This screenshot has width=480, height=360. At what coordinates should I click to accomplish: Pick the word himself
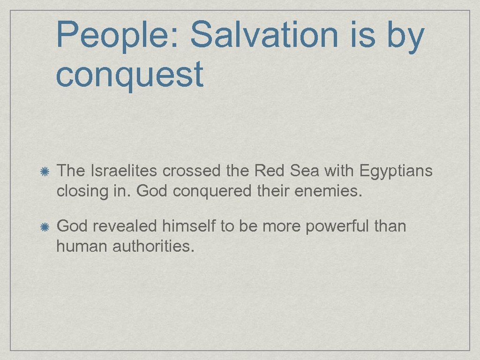[189, 226]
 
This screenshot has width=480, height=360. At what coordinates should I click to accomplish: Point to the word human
[82, 246]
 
